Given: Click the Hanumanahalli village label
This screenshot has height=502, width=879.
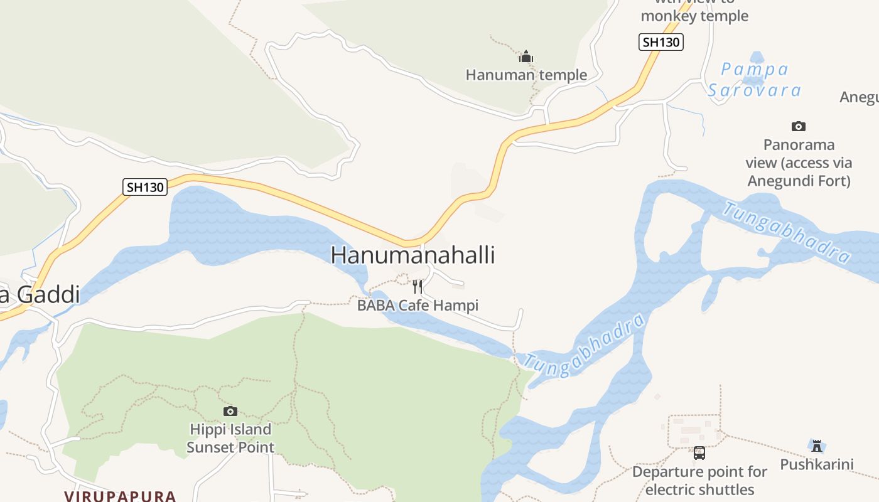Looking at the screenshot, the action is point(413,255).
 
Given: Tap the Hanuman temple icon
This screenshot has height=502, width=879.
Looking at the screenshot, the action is point(526,57).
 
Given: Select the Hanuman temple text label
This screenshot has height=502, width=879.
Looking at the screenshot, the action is point(526,75).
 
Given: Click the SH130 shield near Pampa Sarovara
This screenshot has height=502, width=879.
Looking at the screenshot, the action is point(661,42).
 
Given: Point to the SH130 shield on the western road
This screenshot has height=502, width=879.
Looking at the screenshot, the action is point(145,186).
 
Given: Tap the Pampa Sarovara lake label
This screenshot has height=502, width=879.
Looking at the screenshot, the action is point(755,80).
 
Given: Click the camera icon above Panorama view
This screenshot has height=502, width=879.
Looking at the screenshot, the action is point(799,126).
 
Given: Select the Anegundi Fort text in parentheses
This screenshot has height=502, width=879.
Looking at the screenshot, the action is point(799,181).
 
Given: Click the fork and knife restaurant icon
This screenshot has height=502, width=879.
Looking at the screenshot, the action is point(418,287).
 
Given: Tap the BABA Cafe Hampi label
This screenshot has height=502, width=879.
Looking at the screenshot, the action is point(418,306).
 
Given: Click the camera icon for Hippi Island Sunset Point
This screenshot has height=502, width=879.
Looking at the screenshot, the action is point(230,411).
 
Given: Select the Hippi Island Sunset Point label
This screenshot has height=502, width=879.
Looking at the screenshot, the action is point(230,439).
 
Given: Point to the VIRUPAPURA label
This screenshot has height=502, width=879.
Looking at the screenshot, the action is point(120,496).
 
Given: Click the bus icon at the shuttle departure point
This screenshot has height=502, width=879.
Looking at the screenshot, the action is point(699,452).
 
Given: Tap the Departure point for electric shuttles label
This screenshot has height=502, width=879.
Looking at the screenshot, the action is point(699,481).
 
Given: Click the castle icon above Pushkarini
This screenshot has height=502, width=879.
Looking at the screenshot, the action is point(817,446).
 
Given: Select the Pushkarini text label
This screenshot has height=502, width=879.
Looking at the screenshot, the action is point(817,464).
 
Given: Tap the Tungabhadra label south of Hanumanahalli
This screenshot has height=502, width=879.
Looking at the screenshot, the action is point(584,346).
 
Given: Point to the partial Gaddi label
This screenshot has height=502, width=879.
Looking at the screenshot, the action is point(40,294).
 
